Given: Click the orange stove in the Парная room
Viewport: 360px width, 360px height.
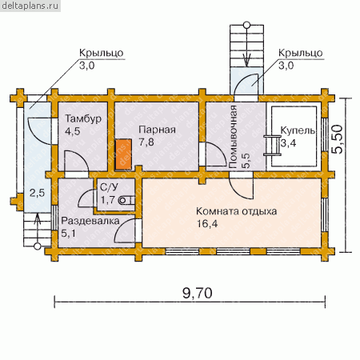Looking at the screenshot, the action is click(x=123, y=154).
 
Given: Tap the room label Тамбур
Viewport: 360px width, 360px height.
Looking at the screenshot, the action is click(x=83, y=118).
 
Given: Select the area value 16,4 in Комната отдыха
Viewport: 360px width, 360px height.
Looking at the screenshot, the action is click(x=207, y=223).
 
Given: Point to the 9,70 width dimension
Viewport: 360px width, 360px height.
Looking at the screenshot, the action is click(x=198, y=293).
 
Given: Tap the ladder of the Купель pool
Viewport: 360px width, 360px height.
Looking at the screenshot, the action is click(x=272, y=145).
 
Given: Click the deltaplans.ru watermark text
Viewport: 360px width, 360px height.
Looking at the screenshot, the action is click(x=30, y=6).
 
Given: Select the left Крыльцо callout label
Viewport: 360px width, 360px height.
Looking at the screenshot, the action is click(x=102, y=53).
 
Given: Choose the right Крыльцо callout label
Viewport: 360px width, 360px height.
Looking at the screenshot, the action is click(x=301, y=53).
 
